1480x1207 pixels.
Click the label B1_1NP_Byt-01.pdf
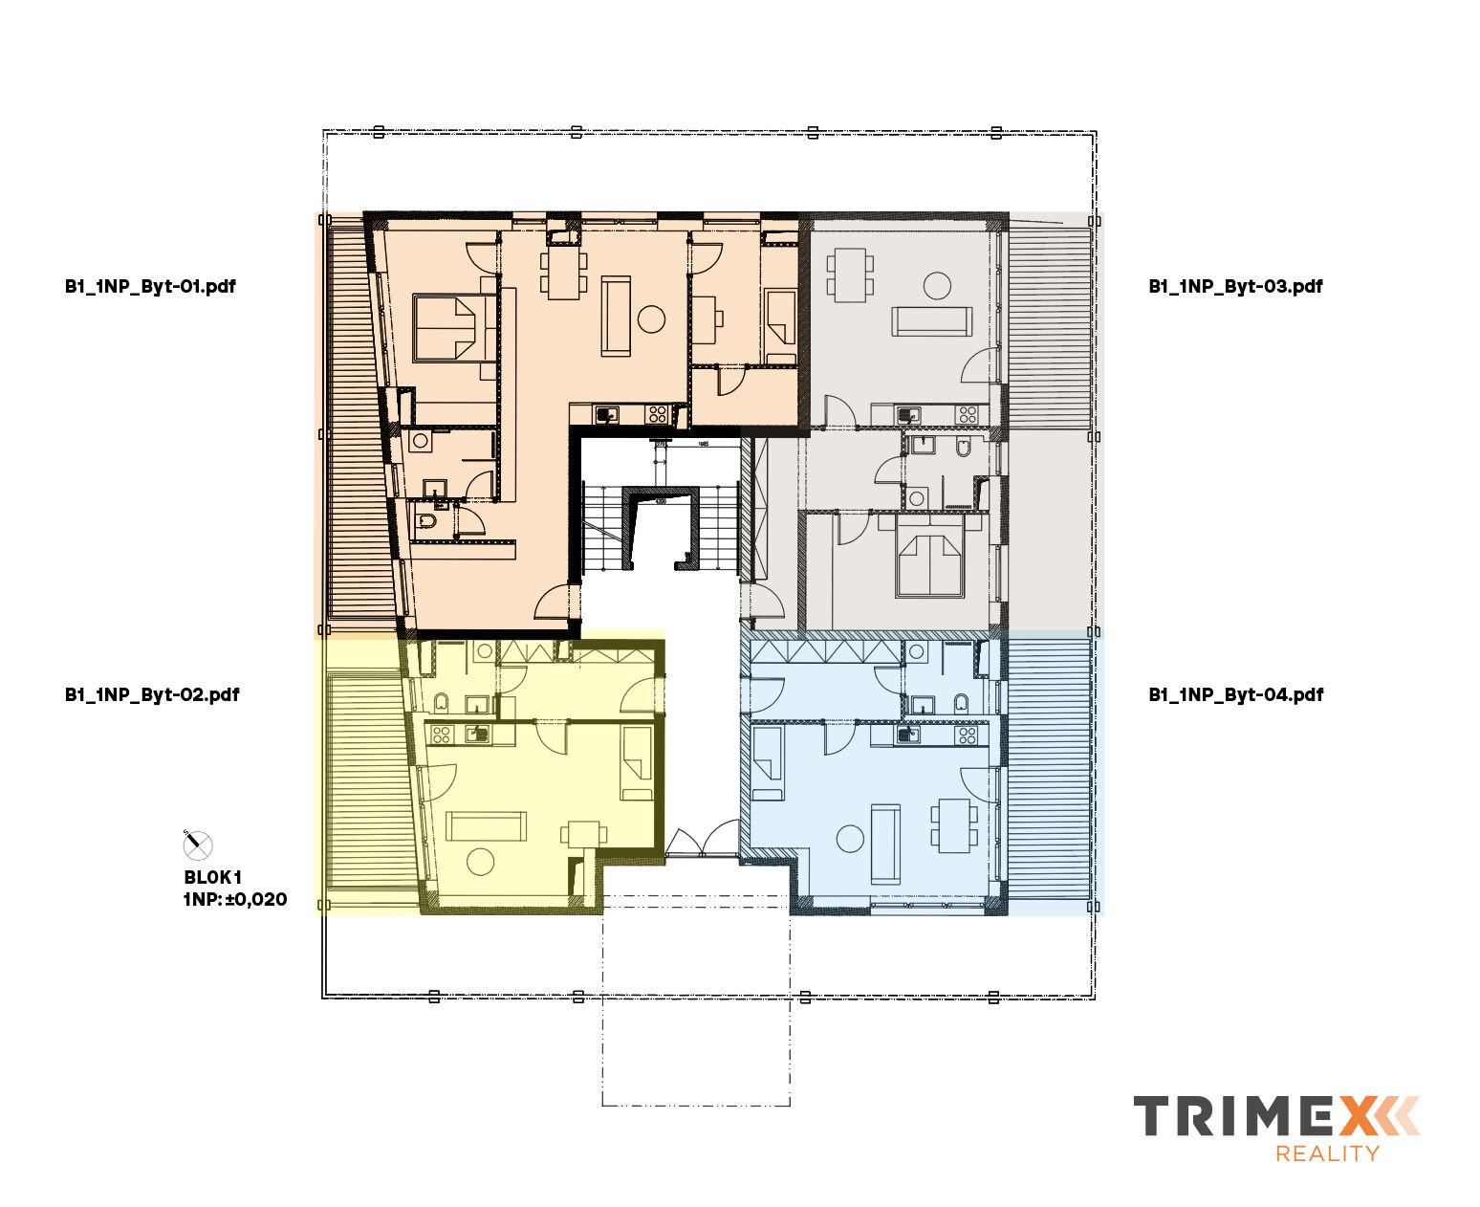click(x=150, y=286)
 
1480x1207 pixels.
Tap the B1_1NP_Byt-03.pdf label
click(x=1235, y=286)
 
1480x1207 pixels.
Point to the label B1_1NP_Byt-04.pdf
click(x=1235, y=695)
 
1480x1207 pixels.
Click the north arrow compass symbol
click(x=197, y=844)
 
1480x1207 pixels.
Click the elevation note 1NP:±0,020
click(x=234, y=900)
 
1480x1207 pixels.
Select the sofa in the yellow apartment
click(x=487, y=823)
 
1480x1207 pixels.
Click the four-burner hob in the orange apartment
click(x=657, y=415)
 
